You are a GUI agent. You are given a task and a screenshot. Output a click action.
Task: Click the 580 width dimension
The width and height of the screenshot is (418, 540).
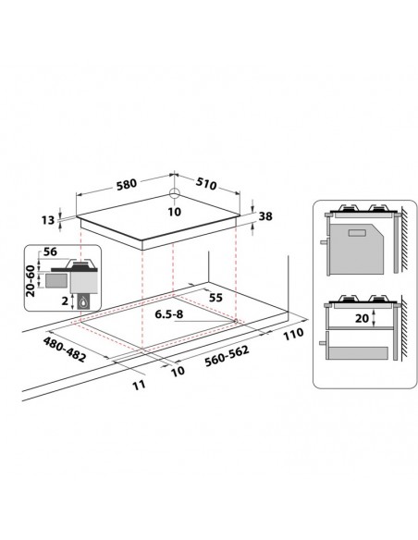[127, 184]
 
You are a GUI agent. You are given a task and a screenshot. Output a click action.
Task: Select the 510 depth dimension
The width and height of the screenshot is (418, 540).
[206, 184]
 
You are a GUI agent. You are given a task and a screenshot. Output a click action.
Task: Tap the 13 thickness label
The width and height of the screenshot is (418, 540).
[48, 220]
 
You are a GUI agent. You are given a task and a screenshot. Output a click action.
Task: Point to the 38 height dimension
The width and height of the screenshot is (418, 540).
[265, 216]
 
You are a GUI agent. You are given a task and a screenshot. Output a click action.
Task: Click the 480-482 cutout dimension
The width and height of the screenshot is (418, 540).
[64, 350]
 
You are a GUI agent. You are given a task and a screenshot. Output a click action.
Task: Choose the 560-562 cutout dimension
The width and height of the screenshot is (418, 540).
[227, 356]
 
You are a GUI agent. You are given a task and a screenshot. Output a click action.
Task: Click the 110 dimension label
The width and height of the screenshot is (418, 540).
[293, 334]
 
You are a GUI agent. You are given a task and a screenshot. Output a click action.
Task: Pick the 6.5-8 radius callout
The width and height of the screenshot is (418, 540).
[168, 314]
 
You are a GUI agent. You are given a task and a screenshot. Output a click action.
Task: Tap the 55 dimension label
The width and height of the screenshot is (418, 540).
[215, 297]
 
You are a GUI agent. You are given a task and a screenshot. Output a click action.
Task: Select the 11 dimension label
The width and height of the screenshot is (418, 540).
[139, 385]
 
